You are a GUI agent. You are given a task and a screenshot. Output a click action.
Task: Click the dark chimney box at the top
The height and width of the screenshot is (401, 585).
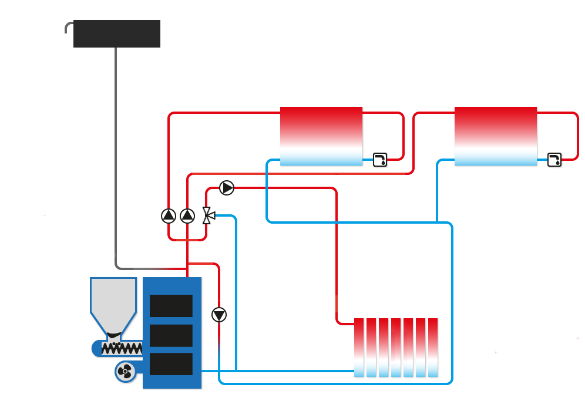[117, 33]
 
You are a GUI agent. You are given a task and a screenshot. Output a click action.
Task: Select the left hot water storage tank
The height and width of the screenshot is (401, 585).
[321, 136]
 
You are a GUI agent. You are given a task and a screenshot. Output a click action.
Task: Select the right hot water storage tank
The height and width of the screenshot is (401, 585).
[495, 136]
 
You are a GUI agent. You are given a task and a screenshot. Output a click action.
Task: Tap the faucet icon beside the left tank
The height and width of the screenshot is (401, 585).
[380, 159]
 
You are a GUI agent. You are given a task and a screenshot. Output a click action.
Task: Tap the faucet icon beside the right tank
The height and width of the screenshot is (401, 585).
[554, 159]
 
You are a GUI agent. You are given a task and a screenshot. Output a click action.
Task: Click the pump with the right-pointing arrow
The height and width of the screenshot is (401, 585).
[227, 188]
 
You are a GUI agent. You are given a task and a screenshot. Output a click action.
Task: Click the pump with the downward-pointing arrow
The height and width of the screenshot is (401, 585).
[219, 315]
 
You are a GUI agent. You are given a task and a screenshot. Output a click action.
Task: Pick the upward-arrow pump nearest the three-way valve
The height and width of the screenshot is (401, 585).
[187, 216]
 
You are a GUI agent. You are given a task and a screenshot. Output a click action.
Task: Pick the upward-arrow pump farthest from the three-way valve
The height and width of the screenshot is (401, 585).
[169, 216]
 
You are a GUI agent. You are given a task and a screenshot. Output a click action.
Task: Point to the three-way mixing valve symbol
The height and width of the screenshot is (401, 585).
[208, 215]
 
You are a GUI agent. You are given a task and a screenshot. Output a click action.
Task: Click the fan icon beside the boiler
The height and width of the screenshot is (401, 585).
[125, 371]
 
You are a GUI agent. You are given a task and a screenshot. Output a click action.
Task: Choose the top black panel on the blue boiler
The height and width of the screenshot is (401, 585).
[171, 305]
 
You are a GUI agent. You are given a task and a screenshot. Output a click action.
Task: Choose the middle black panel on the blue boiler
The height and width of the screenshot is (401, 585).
[171, 335]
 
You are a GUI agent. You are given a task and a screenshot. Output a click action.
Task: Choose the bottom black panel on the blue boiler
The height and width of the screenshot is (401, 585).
[171, 364]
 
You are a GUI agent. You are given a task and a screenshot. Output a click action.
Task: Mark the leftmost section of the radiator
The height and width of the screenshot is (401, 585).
[359, 348]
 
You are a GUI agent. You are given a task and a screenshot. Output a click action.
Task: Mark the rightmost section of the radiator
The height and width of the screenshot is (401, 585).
[433, 348]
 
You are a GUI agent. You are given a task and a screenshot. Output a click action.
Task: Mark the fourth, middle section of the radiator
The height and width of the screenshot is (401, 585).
[396, 348]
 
